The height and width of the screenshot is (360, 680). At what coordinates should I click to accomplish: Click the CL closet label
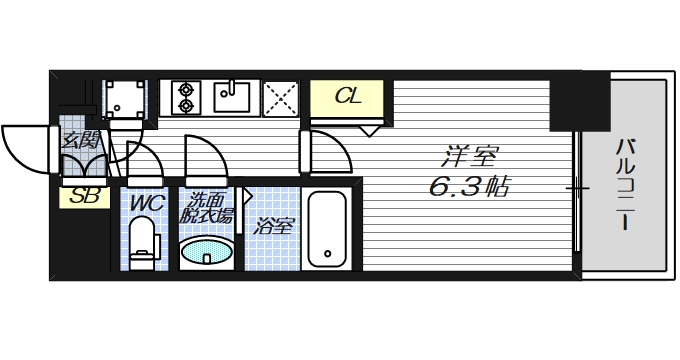pyautogui.click(x=347, y=97)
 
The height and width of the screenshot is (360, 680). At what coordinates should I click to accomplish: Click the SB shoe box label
pyautogui.click(x=84, y=197)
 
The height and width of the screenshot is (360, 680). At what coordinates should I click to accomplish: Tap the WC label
pyautogui.click(x=147, y=203)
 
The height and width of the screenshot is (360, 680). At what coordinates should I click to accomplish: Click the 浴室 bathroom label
pyautogui.click(x=273, y=226)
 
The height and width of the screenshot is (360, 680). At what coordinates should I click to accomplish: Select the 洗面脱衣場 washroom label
pyautogui.click(x=209, y=208)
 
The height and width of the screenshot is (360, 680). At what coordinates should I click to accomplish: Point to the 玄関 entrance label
pyautogui.click(x=80, y=140)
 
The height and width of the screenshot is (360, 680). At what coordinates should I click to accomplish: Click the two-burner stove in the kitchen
pyautogui.click(x=186, y=97)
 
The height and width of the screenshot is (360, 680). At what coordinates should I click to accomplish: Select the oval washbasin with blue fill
pyautogui.click(x=207, y=252)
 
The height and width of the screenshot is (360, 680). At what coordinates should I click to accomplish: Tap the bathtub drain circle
pyautogui.click(x=327, y=254)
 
